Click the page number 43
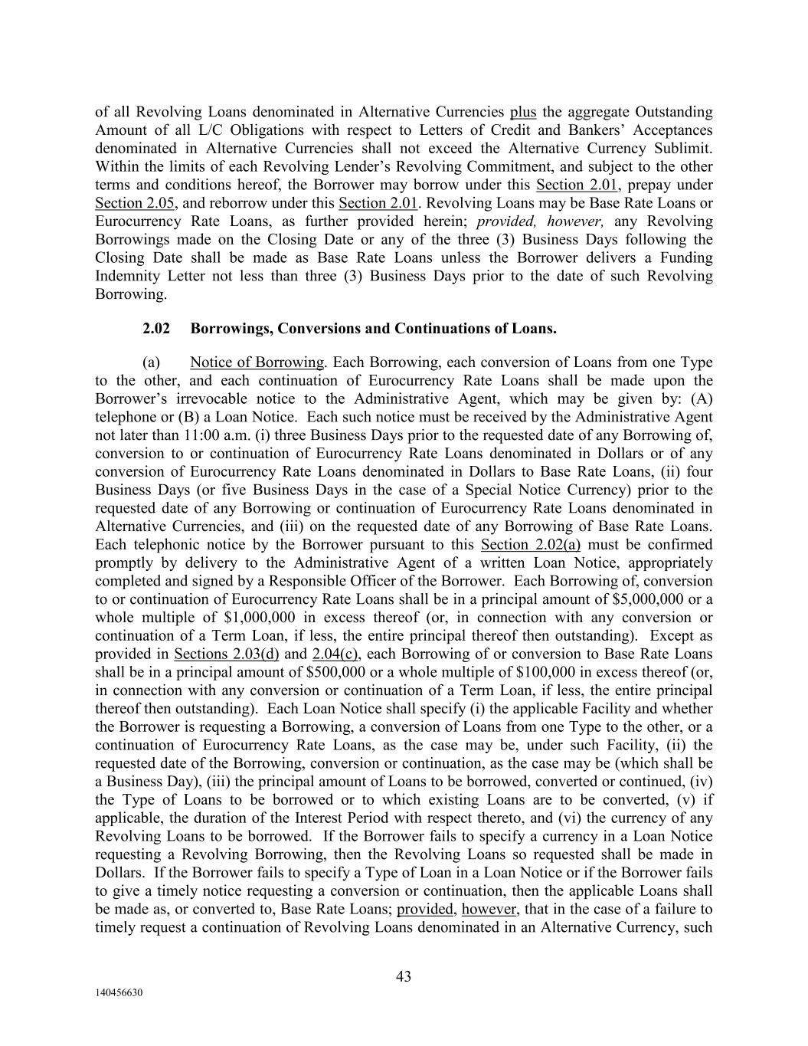coord(404,976)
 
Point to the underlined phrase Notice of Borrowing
coord(257,362)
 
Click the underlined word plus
coord(523,112)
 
